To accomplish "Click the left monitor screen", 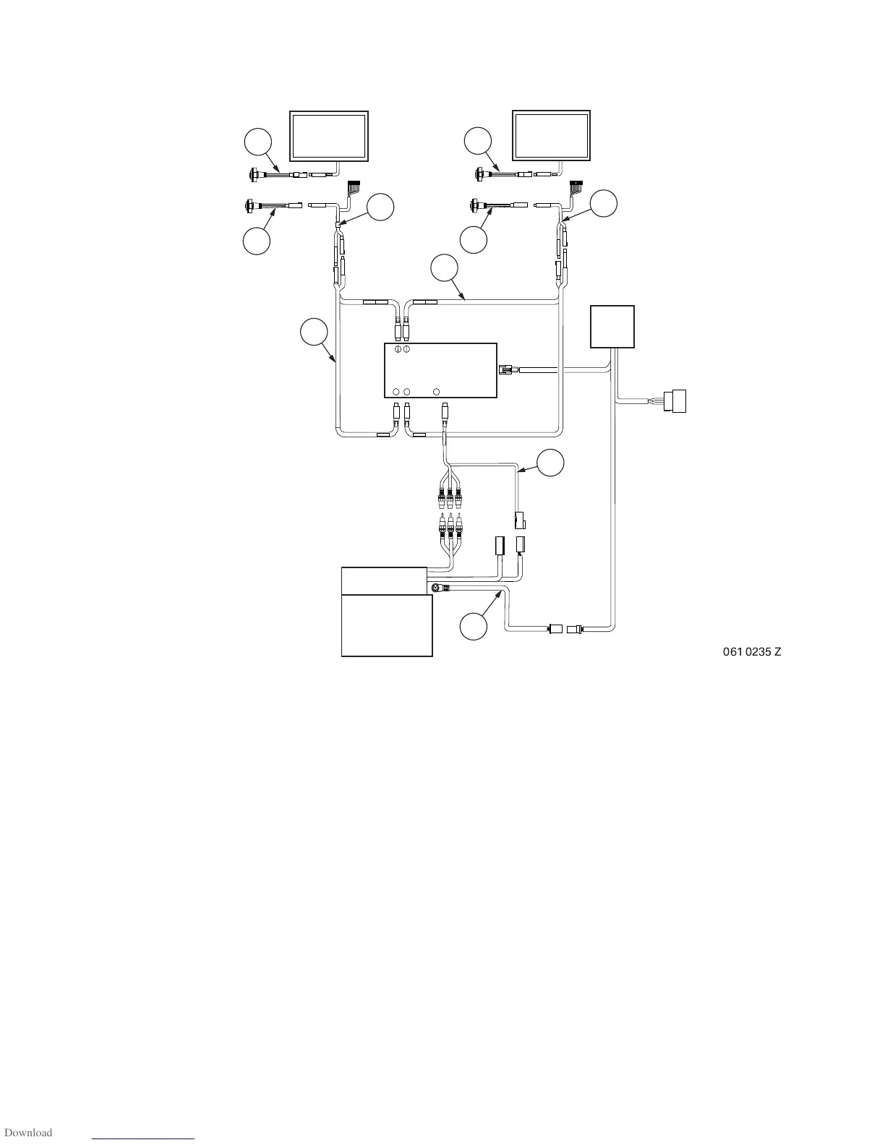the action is coord(328,136).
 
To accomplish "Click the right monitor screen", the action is coord(551,136).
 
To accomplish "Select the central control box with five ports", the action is coord(440,370).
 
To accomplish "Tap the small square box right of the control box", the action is coord(613,326).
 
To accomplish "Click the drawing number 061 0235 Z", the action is coord(752,652).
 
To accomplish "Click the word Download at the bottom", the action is coord(28,1133).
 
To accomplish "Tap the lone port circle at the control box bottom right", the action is coord(436,392).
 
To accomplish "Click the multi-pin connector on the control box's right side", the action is coord(505,370).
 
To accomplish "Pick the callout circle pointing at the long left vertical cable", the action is coord(314,333).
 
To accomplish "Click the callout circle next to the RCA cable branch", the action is coord(551,463).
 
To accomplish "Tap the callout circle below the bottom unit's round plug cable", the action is coord(474,626).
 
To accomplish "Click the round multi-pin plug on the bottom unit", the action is coord(436,588).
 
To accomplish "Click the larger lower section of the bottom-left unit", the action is coord(386,625).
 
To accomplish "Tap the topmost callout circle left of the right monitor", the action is coord(478,140).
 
